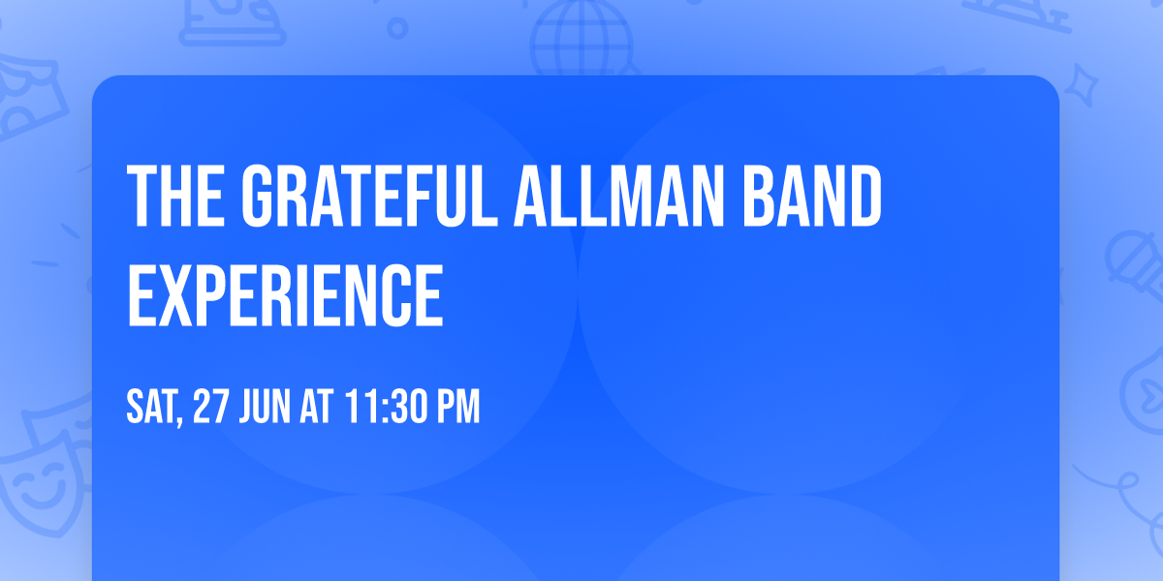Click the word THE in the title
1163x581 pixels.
[x=175, y=197]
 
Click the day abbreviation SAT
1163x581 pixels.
[x=151, y=408]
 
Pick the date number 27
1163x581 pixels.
[x=212, y=408]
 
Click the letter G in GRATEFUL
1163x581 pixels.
[x=259, y=197]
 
